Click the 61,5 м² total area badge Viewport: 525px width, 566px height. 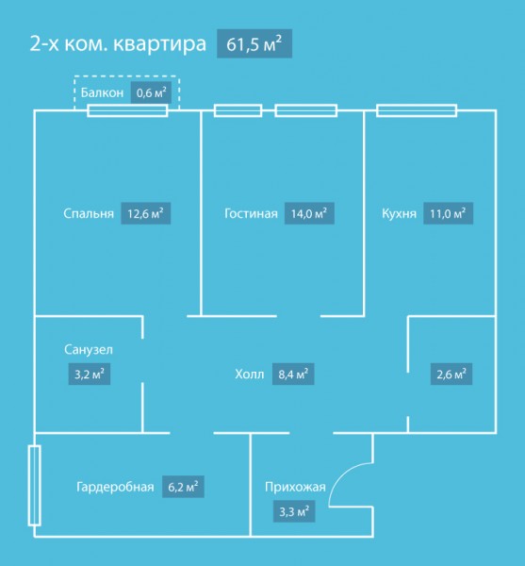pos(254,43)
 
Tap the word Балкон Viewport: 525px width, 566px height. pos(102,92)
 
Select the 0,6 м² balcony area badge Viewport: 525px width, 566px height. pos(151,92)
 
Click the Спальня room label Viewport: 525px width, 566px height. pos(89,213)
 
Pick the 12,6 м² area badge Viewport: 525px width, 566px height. pos(146,213)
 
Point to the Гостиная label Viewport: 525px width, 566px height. pos(251,213)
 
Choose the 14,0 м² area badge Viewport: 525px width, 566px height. pos(309,213)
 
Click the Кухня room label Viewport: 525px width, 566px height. pos(399,213)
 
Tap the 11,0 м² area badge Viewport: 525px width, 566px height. pos(449,213)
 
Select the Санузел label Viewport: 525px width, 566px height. pos(89,349)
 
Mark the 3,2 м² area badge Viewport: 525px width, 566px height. pos(90,374)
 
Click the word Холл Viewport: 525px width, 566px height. pos(250,374)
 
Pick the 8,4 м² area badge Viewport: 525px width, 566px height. pos(293,374)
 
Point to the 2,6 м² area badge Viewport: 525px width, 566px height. pos(451,374)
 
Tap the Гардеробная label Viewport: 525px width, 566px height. pos(115,487)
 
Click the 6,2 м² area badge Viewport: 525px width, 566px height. pos(183,487)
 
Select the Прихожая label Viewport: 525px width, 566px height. pos(295,487)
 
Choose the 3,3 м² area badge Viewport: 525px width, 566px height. pos(294,511)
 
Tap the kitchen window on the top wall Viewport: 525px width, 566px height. pos(417,110)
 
